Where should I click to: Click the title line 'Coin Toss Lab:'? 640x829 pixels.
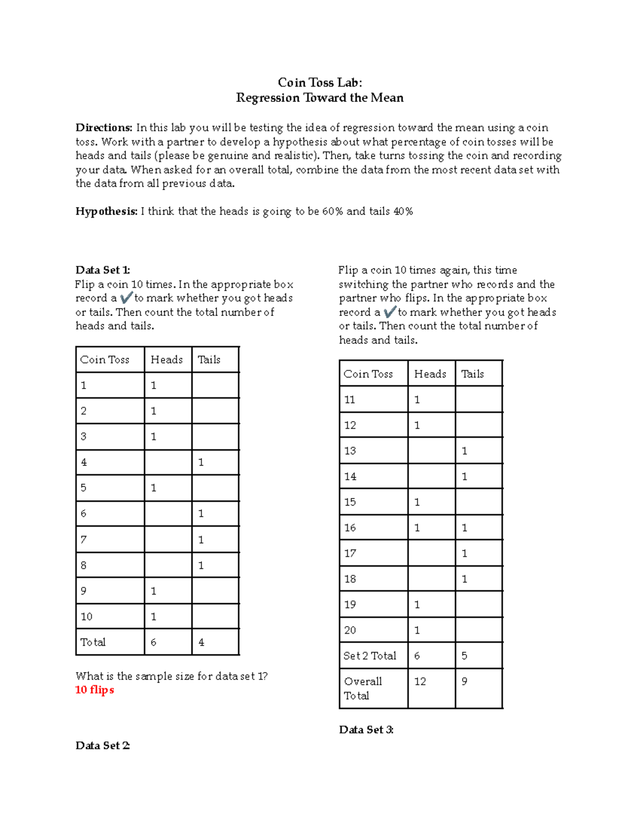[x=319, y=82]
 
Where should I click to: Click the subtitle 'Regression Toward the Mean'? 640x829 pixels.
[x=319, y=98]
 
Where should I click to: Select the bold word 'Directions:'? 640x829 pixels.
[x=103, y=128]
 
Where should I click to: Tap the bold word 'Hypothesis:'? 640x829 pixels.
[x=107, y=211]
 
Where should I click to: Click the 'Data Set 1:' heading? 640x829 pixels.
[x=102, y=270]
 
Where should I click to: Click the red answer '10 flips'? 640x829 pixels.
[x=94, y=690]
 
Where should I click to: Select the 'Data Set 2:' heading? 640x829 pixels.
[x=102, y=745]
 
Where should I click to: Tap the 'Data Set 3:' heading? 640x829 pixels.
[x=366, y=730]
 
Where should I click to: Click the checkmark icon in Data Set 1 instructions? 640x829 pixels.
[x=126, y=298]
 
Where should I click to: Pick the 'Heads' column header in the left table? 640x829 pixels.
[x=166, y=360]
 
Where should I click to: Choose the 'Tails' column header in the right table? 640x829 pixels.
[x=473, y=374]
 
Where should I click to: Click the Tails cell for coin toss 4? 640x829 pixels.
[x=201, y=462]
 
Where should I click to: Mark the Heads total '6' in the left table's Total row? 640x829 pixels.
[x=154, y=642]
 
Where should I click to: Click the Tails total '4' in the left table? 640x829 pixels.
[x=201, y=642]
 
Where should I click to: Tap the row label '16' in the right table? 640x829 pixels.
[x=350, y=528]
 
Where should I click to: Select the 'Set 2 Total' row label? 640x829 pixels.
[x=370, y=656]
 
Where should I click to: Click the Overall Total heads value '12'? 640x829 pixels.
[x=420, y=682]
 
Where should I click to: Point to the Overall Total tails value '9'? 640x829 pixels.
[x=465, y=682]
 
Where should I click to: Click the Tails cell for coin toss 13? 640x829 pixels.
[x=465, y=451]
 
